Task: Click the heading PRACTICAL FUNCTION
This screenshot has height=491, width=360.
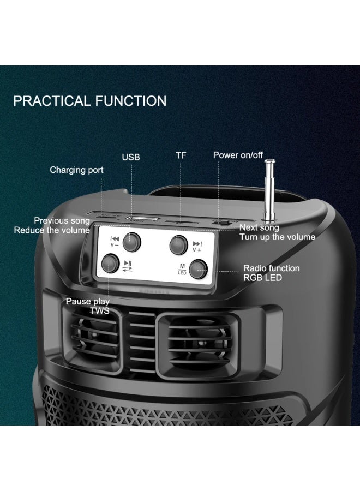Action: click(90, 101)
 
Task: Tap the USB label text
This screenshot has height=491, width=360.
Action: click(131, 157)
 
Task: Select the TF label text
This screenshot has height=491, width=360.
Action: click(181, 155)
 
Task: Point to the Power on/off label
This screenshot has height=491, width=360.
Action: click(238, 155)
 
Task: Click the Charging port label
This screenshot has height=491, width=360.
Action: click(76, 170)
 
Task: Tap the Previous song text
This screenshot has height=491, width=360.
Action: click(62, 221)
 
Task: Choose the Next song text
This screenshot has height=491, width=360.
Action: click(259, 227)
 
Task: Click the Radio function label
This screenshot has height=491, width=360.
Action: click(271, 268)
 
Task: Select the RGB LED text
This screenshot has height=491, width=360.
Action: click(263, 278)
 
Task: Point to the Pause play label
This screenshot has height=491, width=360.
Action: click(87, 302)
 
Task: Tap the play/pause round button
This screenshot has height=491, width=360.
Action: click(110, 264)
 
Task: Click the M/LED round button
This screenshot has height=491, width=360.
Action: click(198, 268)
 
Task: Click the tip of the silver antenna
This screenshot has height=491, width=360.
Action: click(269, 162)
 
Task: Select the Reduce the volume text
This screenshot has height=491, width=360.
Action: click(52, 230)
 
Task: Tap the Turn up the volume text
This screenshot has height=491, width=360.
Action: click(277, 237)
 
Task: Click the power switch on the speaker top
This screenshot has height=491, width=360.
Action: click(220, 221)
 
